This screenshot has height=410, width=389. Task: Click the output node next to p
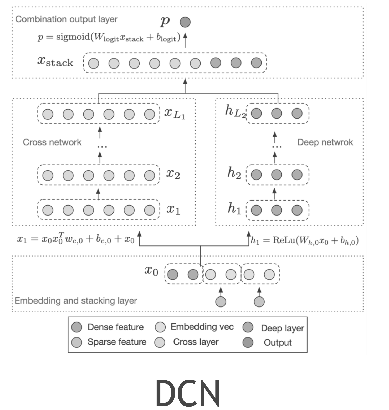tap(185, 22)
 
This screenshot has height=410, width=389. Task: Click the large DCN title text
tap(188, 392)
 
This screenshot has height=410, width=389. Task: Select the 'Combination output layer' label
tap(66, 19)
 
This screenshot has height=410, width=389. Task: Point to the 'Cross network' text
tap(52, 142)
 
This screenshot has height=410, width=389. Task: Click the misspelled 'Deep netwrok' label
tap(325, 142)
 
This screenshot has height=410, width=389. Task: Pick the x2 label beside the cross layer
tap(173, 174)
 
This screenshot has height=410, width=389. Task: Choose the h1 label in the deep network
tap(234, 209)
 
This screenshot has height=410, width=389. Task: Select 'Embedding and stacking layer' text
tap(76, 300)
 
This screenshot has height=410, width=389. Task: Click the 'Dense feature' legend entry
tap(115, 327)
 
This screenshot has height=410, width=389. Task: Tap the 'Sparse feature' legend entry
tap(117, 342)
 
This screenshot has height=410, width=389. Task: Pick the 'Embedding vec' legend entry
tap(202, 327)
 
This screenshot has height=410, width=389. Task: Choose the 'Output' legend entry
tap(278, 342)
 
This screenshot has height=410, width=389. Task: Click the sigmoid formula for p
tap(109, 37)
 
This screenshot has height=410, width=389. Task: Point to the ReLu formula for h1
tap(304, 240)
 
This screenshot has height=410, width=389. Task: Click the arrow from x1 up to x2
tap(98, 194)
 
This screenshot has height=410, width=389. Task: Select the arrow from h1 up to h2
tap(274, 194)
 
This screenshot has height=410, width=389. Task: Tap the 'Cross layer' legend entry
tap(196, 342)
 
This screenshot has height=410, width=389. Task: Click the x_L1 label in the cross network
tap(175, 114)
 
